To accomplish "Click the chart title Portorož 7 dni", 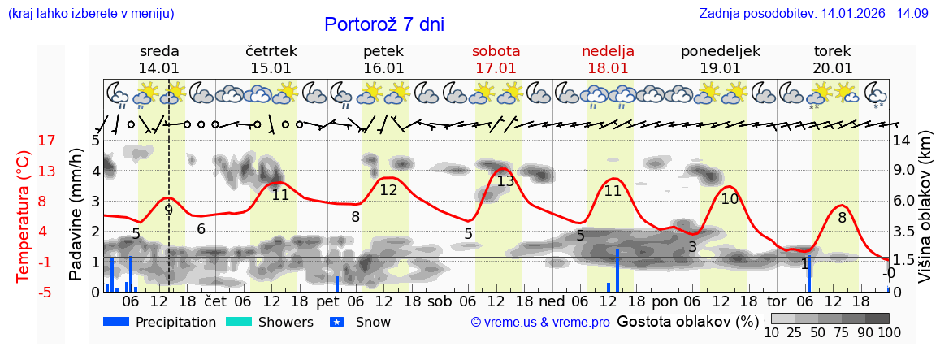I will point(383,24).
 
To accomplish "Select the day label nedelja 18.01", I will point(608,59).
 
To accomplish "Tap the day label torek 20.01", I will point(833,59).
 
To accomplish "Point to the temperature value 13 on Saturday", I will point(505,181).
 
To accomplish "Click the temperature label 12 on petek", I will point(388,190).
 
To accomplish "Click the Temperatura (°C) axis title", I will point(24,216).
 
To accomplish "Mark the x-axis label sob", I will point(440,301).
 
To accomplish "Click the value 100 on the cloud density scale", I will point(878,332).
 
